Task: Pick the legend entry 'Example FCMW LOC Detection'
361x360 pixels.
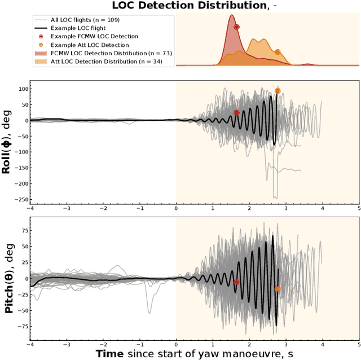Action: click(94, 36)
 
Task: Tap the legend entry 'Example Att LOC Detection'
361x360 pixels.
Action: click(90, 45)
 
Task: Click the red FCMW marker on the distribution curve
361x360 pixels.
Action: click(236, 27)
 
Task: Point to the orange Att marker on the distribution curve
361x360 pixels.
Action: click(278, 52)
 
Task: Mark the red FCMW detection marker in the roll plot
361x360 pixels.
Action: click(236, 112)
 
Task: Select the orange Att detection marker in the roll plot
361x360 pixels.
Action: click(278, 90)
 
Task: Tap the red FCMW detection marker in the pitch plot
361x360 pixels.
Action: click(236, 282)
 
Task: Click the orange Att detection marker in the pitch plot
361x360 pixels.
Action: click(278, 289)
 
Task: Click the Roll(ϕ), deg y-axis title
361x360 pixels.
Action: click(8, 141)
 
